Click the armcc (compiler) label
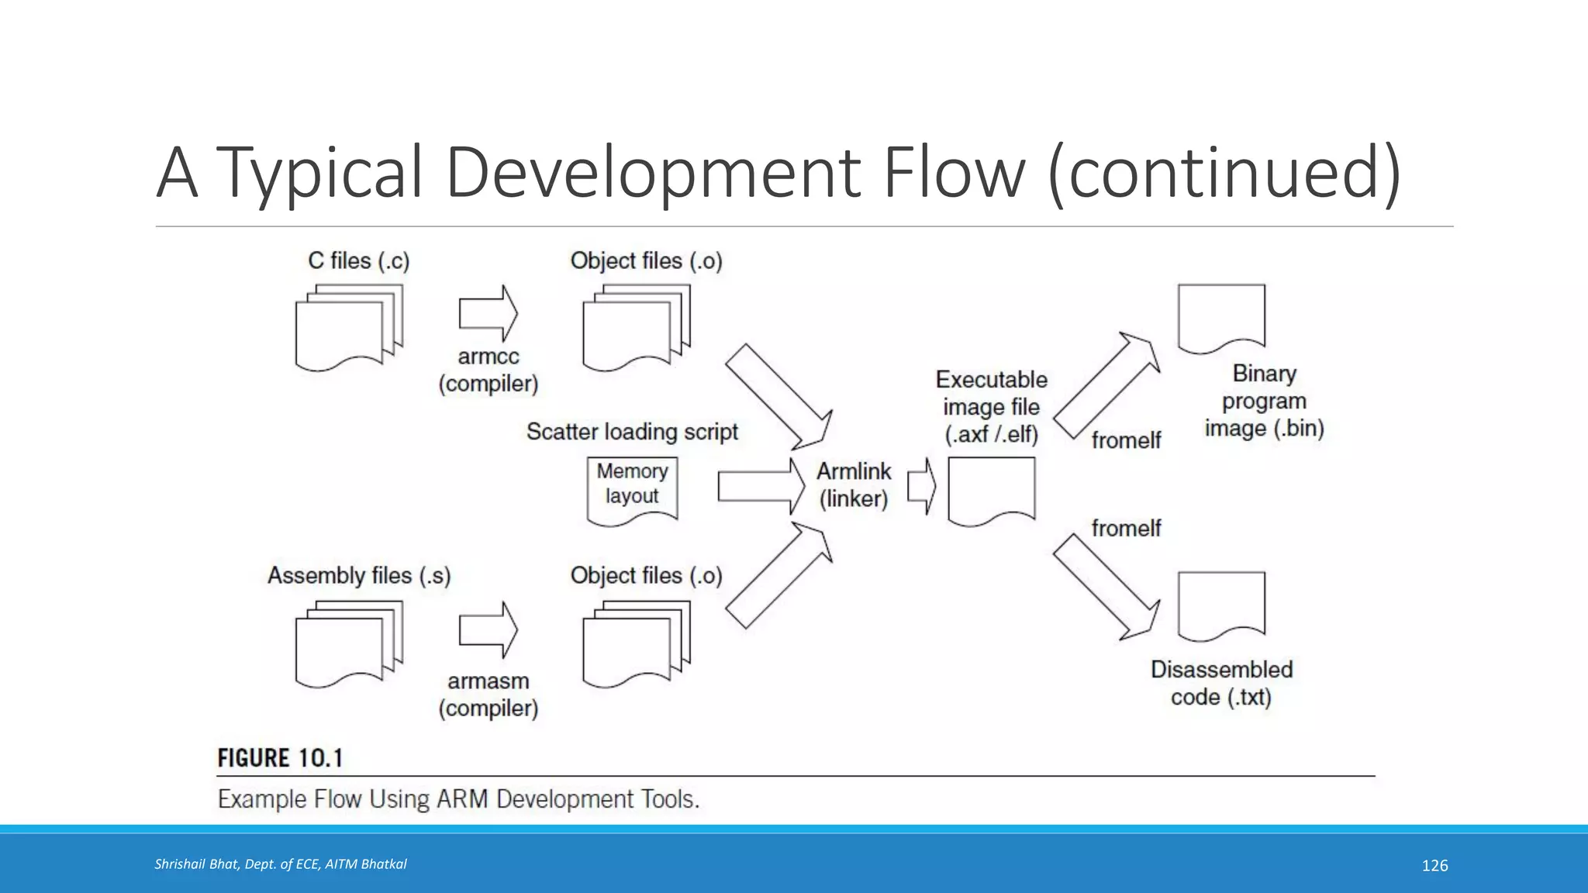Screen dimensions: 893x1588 (488, 370)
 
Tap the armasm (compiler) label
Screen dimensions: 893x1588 (488, 695)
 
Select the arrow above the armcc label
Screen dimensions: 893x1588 (488, 313)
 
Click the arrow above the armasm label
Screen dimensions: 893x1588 (488, 629)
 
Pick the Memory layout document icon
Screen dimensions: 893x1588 (632, 491)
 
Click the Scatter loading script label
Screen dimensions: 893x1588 (632, 431)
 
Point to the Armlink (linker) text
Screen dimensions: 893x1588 (854, 484)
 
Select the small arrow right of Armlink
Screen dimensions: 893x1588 (921, 486)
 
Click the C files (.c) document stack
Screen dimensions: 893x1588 (349, 327)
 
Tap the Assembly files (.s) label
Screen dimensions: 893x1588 (359, 575)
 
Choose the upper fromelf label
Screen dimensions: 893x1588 (1126, 440)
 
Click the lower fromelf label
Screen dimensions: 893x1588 (1126, 528)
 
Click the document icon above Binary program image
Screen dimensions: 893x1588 (1221, 318)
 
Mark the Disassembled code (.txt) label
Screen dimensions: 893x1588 (1221, 683)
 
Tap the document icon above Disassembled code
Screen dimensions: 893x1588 (1221, 605)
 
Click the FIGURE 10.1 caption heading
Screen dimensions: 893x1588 (280, 757)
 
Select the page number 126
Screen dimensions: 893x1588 (1434, 866)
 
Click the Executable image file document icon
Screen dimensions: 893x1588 (991, 491)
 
